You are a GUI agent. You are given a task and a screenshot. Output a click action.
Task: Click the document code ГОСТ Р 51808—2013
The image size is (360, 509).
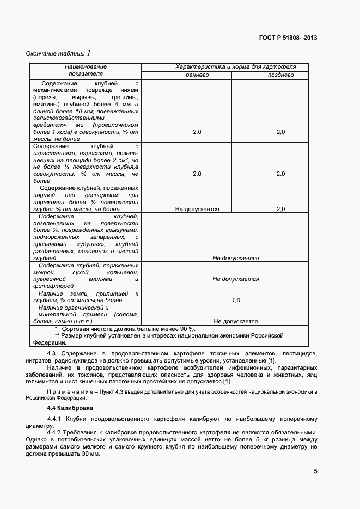288,38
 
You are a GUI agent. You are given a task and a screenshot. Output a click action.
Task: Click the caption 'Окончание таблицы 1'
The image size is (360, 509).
58,53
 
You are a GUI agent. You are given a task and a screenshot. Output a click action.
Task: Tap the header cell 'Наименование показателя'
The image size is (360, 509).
85,70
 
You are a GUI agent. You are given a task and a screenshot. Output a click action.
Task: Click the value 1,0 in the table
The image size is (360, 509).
236,300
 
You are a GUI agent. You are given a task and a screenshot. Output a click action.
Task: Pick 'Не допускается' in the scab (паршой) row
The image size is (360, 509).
197,209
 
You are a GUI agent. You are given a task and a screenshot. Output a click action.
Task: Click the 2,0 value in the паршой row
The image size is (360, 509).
280,209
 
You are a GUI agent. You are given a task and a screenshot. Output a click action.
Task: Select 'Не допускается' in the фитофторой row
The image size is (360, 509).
236,279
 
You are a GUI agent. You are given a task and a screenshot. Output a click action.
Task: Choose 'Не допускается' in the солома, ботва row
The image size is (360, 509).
236,321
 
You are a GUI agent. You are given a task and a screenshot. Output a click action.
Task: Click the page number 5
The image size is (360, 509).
315,471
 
